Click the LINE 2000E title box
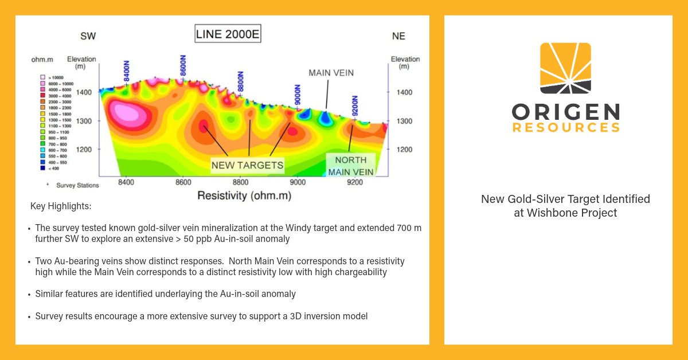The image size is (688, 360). tap(228, 35)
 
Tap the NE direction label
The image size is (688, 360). tap(398, 36)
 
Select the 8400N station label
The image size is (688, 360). tap(127, 72)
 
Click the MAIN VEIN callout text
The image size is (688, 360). tap(331, 73)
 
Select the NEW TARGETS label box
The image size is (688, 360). tap(247, 165)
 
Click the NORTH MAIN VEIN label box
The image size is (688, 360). tap(351, 166)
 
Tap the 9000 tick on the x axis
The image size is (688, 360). tap(297, 182)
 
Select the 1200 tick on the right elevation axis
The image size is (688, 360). tap(404, 150)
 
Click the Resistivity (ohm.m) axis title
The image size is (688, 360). tap(244, 196)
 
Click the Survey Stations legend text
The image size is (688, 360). tap(77, 185)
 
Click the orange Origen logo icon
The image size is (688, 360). tap(565, 68)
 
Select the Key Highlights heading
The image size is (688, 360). tap(61, 206)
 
